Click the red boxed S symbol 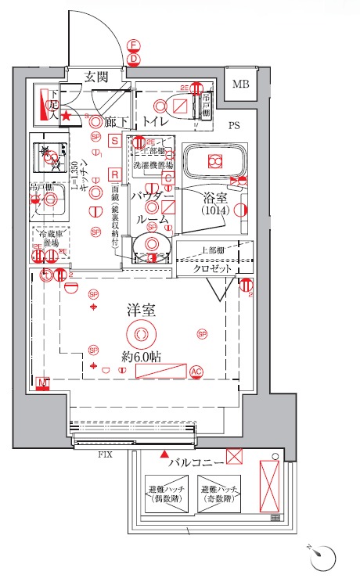(x=114, y=141)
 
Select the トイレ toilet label (x=157, y=122)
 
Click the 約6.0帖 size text (x=141, y=356)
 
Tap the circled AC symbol (x=196, y=372)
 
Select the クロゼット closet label (x=213, y=268)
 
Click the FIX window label (x=103, y=454)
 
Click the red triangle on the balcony (x=164, y=454)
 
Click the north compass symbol (x=326, y=557)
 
